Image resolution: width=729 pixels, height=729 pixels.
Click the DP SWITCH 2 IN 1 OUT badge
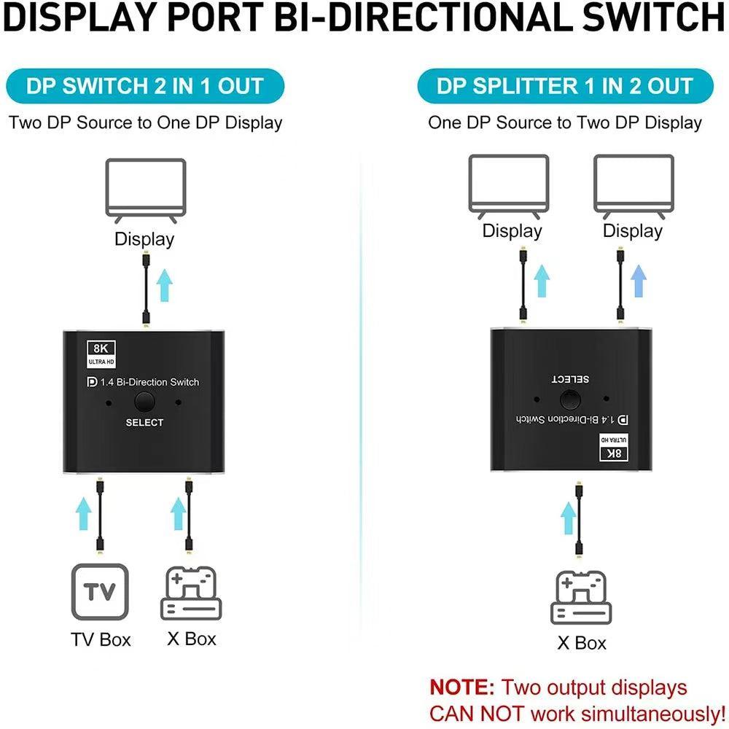(x=144, y=86)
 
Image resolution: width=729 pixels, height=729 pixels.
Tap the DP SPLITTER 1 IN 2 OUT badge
(x=565, y=86)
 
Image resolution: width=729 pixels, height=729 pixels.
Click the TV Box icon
(x=100, y=592)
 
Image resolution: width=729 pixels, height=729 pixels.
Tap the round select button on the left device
(x=144, y=402)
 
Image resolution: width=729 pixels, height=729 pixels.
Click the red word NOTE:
(x=462, y=687)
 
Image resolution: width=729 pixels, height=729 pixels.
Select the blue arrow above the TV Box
(x=85, y=514)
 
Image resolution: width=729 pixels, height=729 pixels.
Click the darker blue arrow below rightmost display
(x=639, y=281)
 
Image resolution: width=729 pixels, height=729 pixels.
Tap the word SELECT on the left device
(x=144, y=423)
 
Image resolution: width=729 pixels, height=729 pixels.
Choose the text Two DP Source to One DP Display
(x=145, y=122)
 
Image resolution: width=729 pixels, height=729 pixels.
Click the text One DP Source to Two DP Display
(x=565, y=122)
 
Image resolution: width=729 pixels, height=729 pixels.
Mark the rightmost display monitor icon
(x=634, y=185)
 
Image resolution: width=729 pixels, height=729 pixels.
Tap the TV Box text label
(x=101, y=640)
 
